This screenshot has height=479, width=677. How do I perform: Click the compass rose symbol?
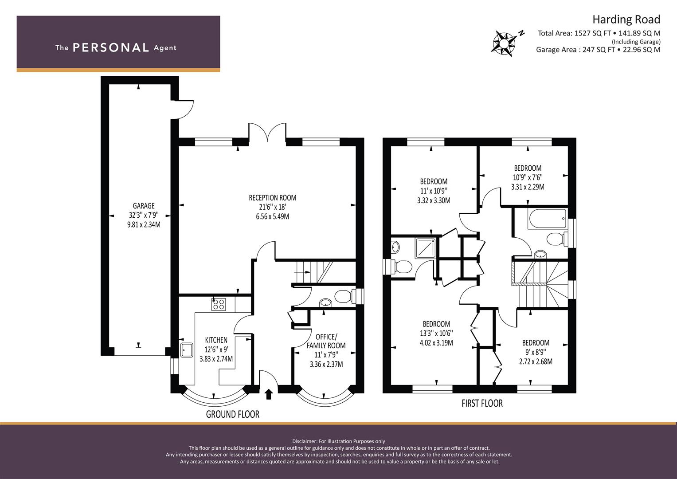(504, 44)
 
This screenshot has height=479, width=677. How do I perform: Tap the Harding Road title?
(626, 20)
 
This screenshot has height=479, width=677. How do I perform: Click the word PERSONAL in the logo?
(111, 48)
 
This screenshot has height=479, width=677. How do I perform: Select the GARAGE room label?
(144, 206)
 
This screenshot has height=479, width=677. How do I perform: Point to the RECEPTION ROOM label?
(273, 198)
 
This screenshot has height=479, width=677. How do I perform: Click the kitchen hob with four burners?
(219, 304)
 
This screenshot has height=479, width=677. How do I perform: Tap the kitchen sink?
(187, 350)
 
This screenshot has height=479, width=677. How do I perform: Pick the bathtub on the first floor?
(547, 219)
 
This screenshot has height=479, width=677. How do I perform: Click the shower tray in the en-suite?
(426, 248)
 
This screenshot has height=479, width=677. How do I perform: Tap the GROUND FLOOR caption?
(233, 414)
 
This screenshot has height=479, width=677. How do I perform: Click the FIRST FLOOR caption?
(482, 404)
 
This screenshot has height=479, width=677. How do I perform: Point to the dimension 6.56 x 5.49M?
(273, 216)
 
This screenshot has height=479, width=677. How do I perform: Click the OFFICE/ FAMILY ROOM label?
(326, 341)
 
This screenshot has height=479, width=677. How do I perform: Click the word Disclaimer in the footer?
(304, 441)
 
